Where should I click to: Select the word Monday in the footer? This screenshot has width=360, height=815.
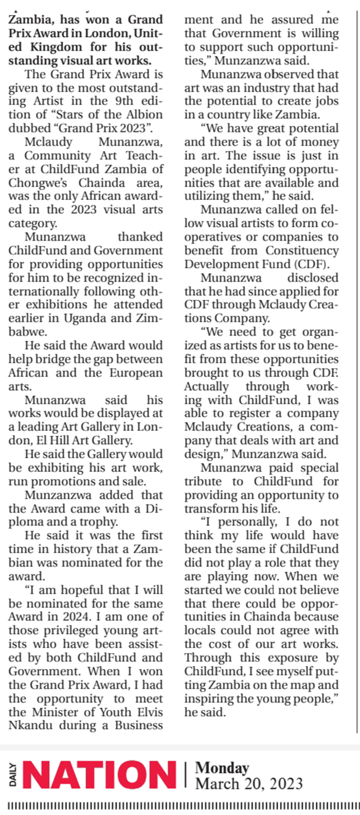pos(222,768)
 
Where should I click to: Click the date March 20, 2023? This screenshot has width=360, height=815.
pos(249,784)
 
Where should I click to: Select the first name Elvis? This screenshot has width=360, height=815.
pos(147,712)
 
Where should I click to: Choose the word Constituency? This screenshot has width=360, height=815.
pos(302,250)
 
